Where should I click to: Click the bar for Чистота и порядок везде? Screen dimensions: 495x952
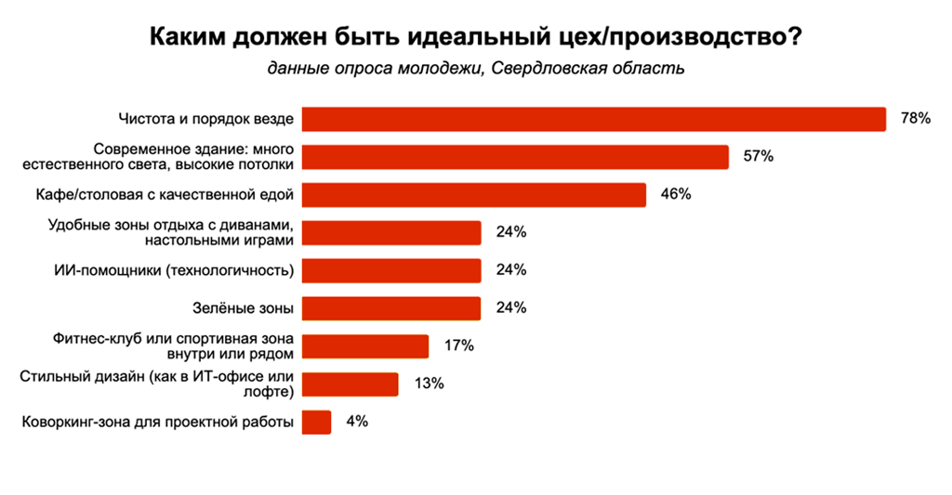pyautogui.click(x=595, y=119)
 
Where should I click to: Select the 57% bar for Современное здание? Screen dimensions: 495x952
pyautogui.click(x=516, y=157)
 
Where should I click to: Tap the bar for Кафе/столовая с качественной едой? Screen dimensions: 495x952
pyautogui.click(x=475, y=195)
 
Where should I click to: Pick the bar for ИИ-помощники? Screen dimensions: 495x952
pyautogui.click(x=392, y=270)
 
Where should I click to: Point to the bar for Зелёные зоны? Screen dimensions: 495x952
pyautogui.click(x=392, y=308)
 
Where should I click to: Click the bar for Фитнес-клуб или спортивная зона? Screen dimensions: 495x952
pyautogui.click(x=366, y=346)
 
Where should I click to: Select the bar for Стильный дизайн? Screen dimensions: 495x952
pyautogui.click(x=351, y=384)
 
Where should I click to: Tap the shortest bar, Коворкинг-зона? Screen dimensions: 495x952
pyautogui.click(x=317, y=422)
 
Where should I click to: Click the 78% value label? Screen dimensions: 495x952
pyautogui.click(x=915, y=119)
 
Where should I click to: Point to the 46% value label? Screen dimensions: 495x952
pyautogui.click(x=676, y=195)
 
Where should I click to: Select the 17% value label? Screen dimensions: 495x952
pyautogui.click(x=458, y=346)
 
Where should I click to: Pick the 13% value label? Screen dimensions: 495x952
pyautogui.click(x=429, y=384)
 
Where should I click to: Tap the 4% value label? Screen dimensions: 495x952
pyautogui.click(x=357, y=422)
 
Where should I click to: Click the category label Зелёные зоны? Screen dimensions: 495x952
pyautogui.click(x=254, y=308)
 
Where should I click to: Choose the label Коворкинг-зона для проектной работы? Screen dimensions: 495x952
pyautogui.click(x=158, y=423)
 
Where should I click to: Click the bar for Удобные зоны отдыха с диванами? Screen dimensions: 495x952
pyautogui.click(x=392, y=232)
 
